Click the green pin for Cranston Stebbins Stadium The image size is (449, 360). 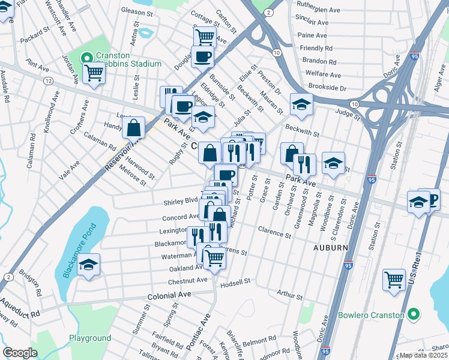pyautogui.click(x=86, y=58)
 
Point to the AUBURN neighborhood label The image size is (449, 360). pyautogui.click(x=330, y=247)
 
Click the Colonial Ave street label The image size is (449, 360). pyautogui.click(x=169, y=296)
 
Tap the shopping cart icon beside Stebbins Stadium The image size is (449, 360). pyautogui.click(x=93, y=73)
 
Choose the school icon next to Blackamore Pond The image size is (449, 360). pyautogui.click(x=88, y=265)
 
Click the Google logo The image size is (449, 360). pyautogui.click(x=20, y=353)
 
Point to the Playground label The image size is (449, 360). pyautogui.click(x=89, y=338)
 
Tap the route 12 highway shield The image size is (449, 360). pyautogui.click(x=48, y=80)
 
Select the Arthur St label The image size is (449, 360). pyautogui.click(x=290, y=294)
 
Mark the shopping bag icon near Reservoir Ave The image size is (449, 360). pyautogui.click(x=133, y=127)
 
